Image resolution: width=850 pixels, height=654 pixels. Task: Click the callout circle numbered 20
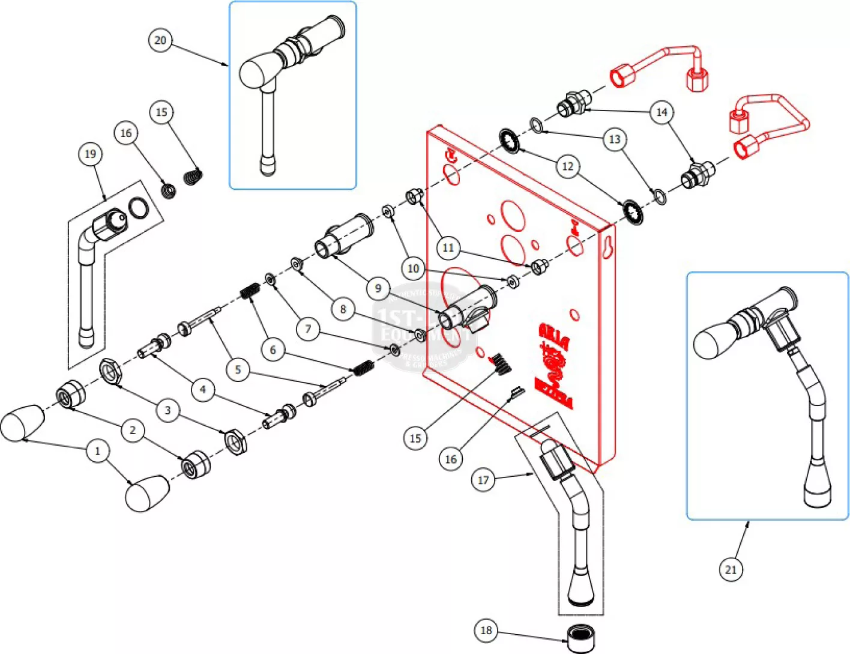click(x=160, y=40)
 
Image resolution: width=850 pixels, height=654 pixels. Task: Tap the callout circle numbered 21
click(x=731, y=569)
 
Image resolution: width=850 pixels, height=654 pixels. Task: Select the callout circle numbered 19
click(x=90, y=154)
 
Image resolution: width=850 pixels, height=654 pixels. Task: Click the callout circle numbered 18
click(x=486, y=630)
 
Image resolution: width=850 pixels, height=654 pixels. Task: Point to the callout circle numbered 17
click(x=483, y=480)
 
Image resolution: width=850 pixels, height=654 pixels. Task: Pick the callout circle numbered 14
click(x=662, y=112)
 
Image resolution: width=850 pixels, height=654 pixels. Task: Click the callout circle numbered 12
click(x=568, y=166)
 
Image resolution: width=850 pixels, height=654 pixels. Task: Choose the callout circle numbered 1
click(x=98, y=451)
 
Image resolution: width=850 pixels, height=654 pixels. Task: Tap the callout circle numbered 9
click(x=378, y=288)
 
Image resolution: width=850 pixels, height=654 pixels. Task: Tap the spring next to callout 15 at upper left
click(x=193, y=177)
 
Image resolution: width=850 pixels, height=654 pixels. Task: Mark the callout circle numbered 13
click(x=615, y=139)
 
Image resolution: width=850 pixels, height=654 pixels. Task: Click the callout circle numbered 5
click(x=238, y=369)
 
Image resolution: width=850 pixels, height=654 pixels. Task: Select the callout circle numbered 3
click(x=167, y=410)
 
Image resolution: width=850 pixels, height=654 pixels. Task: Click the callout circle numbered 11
click(x=448, y=247)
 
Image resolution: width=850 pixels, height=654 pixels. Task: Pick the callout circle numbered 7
click(x=308, y=329)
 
